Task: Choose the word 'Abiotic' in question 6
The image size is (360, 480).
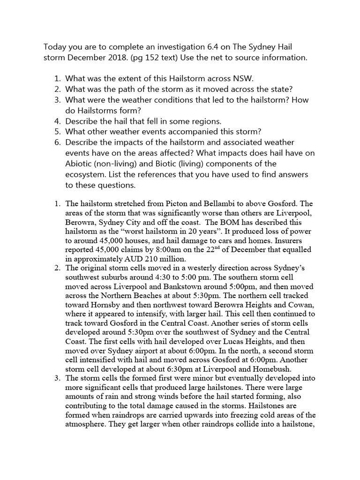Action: tap(81, 164)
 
